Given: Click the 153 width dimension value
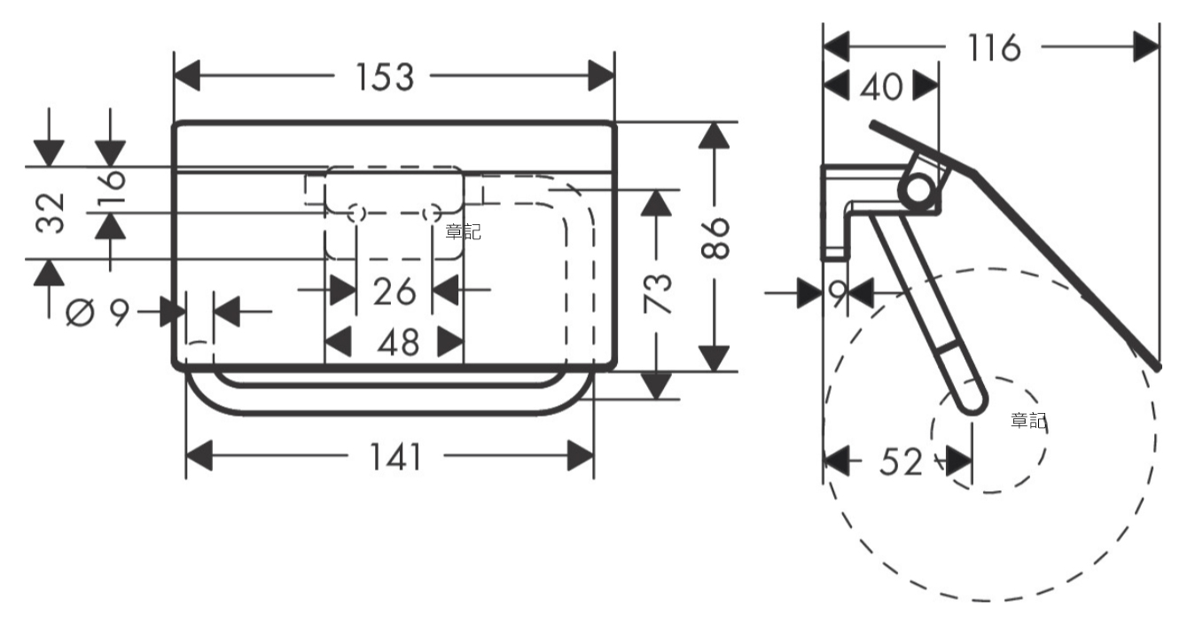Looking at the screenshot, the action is pyautogui.click(x=385, y=77).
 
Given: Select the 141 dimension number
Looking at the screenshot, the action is pyautogui.click(x=395, y=457).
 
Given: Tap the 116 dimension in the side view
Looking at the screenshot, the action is pyautogui.click(x=994, y=48).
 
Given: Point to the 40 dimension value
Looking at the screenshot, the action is pyautogui.click(x=881, y=87).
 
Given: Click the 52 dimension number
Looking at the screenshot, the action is pyautogui.click(x=901, y=462).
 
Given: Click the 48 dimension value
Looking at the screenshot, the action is pyautogui.click(x=398, y=343).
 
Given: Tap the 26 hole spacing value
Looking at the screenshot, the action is pyautogui.click(x=394, y=292).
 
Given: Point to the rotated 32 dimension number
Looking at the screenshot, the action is pyautogui.click(x=50, y=213).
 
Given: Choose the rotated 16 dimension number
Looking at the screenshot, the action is pyautogui.click(x=111, y=188).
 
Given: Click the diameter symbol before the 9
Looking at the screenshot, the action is pyautogui.click(x=80, y=312).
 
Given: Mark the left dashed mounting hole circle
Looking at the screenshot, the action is pyautogui.click(x=356, y=214).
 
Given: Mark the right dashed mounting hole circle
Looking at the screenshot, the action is pyautogui.click(x=431, y=214).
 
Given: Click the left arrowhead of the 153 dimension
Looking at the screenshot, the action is pyautogui.click(x=187, y=75).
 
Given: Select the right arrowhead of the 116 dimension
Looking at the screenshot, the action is pyautogui.click(x=1146, y=47).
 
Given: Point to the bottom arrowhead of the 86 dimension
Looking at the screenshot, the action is pyautogui.click(x=714, y=359).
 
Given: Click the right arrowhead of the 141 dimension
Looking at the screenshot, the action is pyautogui.click(x=581, y=456).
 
